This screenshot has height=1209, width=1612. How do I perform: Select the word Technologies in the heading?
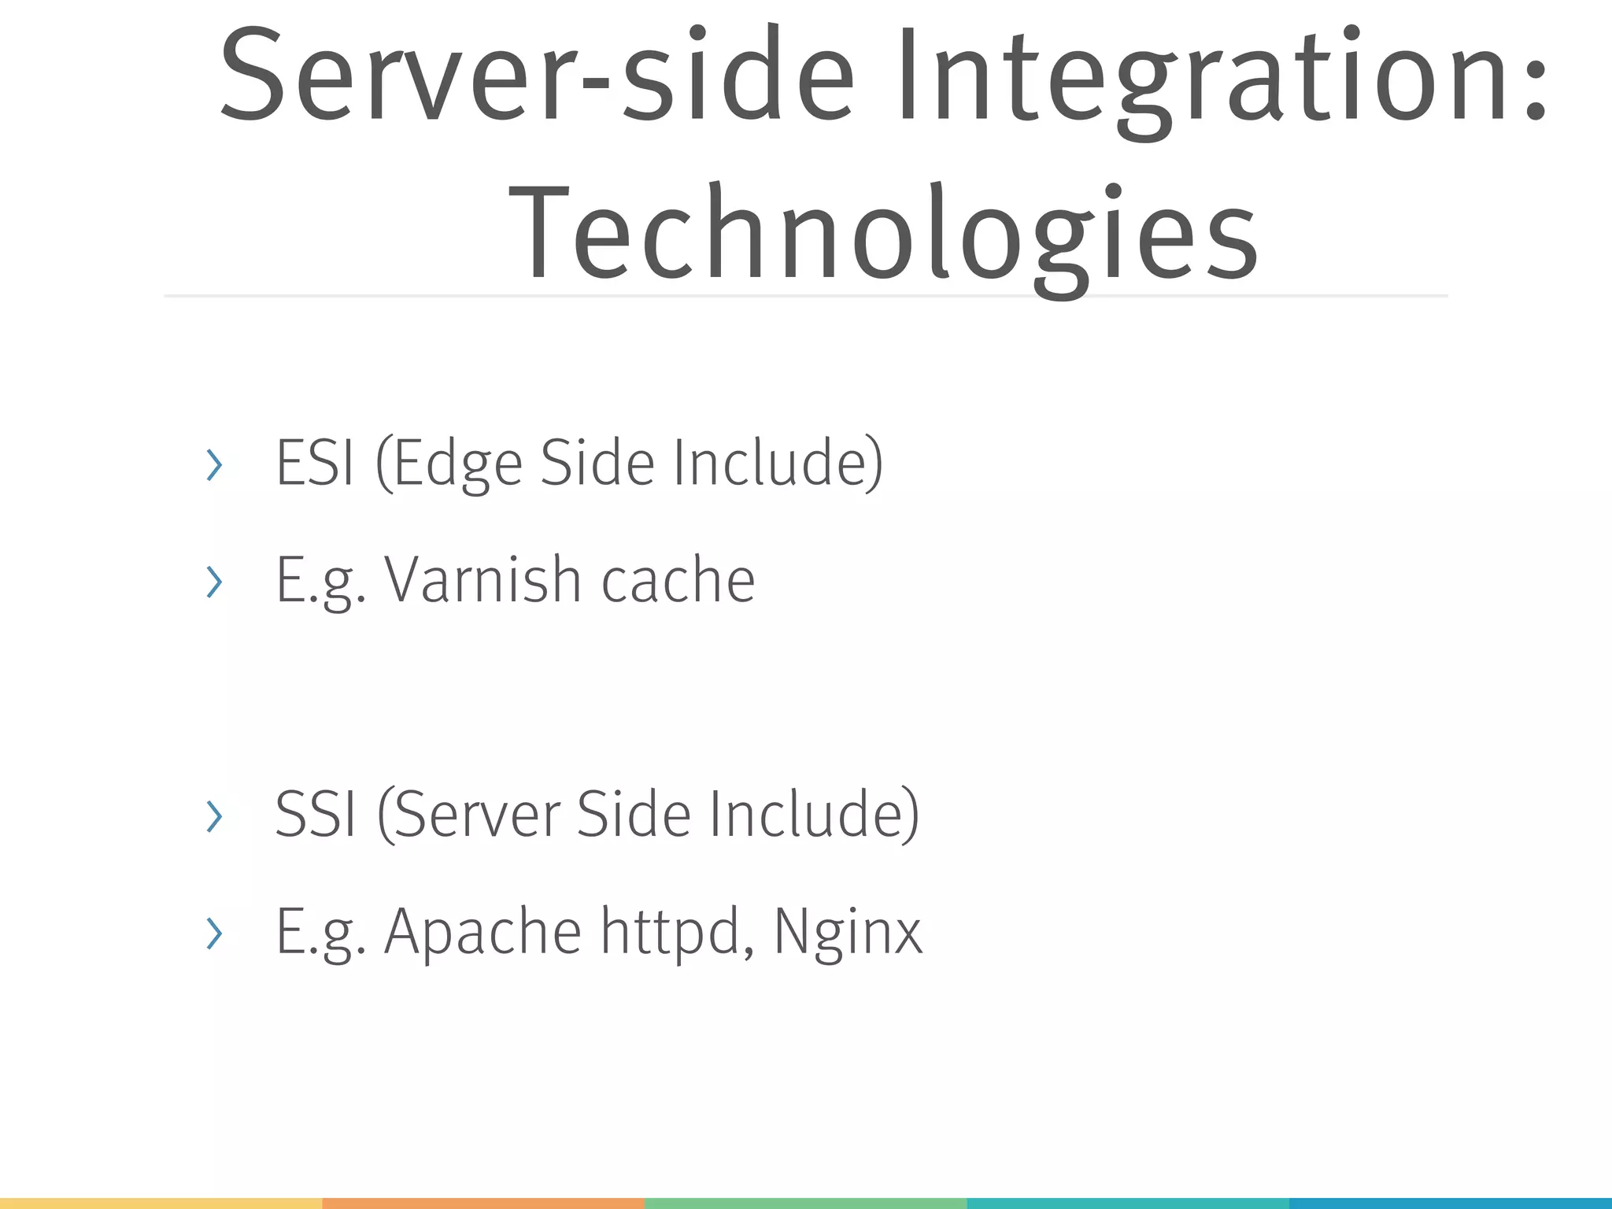point(883,232)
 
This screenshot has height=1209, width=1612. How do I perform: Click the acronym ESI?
point(315,463)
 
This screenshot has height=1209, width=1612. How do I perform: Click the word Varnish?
point(482,580)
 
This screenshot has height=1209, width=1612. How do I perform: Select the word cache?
point(678,580)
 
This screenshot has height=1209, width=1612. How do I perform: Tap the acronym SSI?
point(316,815)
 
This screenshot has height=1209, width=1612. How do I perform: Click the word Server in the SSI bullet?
point(480,815)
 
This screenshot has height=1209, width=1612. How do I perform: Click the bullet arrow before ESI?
point(213,465)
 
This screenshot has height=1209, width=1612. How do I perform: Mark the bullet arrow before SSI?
point(213,816)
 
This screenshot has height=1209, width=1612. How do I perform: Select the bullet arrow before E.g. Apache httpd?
point(213,934)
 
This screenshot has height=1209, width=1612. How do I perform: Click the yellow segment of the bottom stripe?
point(161,1203)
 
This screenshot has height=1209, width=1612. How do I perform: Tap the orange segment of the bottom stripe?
point(483,1203)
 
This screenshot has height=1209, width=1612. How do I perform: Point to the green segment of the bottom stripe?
point(805,1203)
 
